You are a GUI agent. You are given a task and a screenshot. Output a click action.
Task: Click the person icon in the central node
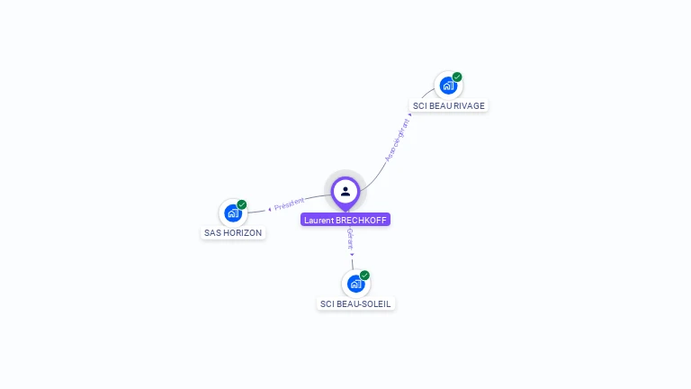[x=345, y=191]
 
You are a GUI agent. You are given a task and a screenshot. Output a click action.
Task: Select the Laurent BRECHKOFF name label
[x=345, y=220]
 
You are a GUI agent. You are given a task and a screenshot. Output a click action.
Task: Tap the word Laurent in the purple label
[x=319, y=220]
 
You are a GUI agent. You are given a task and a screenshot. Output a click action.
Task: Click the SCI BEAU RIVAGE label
[x=448, y=105]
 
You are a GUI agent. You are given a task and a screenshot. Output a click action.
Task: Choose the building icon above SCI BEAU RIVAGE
[x=447, y=86]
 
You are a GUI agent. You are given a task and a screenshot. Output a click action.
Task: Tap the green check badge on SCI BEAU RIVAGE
[x=457, y=77]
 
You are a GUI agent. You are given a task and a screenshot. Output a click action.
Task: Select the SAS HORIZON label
[x=233, y=232]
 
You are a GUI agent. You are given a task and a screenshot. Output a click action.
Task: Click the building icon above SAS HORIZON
[x=232, y=213]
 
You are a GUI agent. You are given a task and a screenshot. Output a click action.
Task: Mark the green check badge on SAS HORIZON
[x=242, y=204]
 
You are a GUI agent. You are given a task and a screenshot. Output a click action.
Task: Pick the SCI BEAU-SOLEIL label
[x=355, y=303]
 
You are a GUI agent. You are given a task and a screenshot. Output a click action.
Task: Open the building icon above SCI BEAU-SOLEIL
[x=354, y=285]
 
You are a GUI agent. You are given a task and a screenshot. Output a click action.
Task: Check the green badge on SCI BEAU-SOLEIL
[x=364, y=276]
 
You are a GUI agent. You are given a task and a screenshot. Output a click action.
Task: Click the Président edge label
[x=290, y=204]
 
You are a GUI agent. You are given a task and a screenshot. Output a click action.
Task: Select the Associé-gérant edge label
[x=397, y=140]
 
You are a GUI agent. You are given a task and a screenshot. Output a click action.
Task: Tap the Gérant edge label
[x=350, y=239]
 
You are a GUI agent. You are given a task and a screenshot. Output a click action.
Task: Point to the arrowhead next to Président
[x=270, y=209]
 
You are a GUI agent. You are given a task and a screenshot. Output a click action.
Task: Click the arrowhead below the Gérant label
[x=352, y=255]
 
